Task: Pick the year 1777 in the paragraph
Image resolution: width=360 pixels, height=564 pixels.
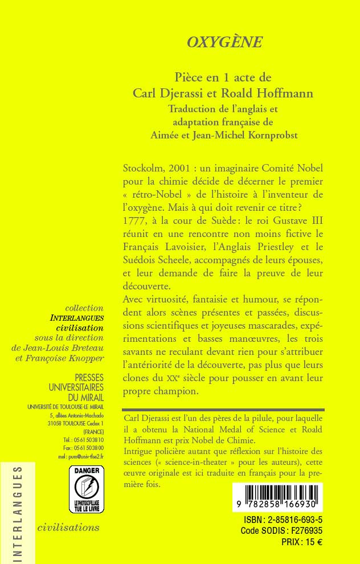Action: pyautogui.click(x=137, y=221)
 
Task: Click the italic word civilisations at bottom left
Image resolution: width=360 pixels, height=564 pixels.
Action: pyautogui.click(x=68, y=527)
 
